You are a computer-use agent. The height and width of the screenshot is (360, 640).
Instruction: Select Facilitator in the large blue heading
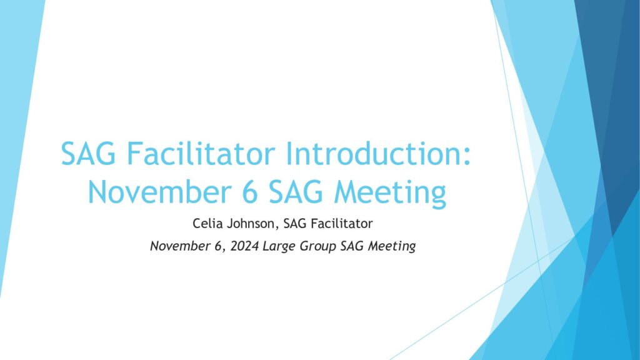click(201, 154)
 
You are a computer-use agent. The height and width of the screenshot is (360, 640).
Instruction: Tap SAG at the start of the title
click(88, 154)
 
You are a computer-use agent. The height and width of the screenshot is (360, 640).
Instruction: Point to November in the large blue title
click(159, 192)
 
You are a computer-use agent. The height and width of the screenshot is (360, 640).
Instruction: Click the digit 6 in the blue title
click(250, 192)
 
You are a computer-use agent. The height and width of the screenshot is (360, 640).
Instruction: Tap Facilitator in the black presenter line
click(342, 224)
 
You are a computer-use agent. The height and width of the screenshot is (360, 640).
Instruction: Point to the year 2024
click(244, 246)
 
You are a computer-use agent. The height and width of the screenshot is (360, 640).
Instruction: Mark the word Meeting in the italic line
click(392, 247)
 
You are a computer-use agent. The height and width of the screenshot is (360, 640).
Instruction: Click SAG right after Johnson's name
click(295, 224)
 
